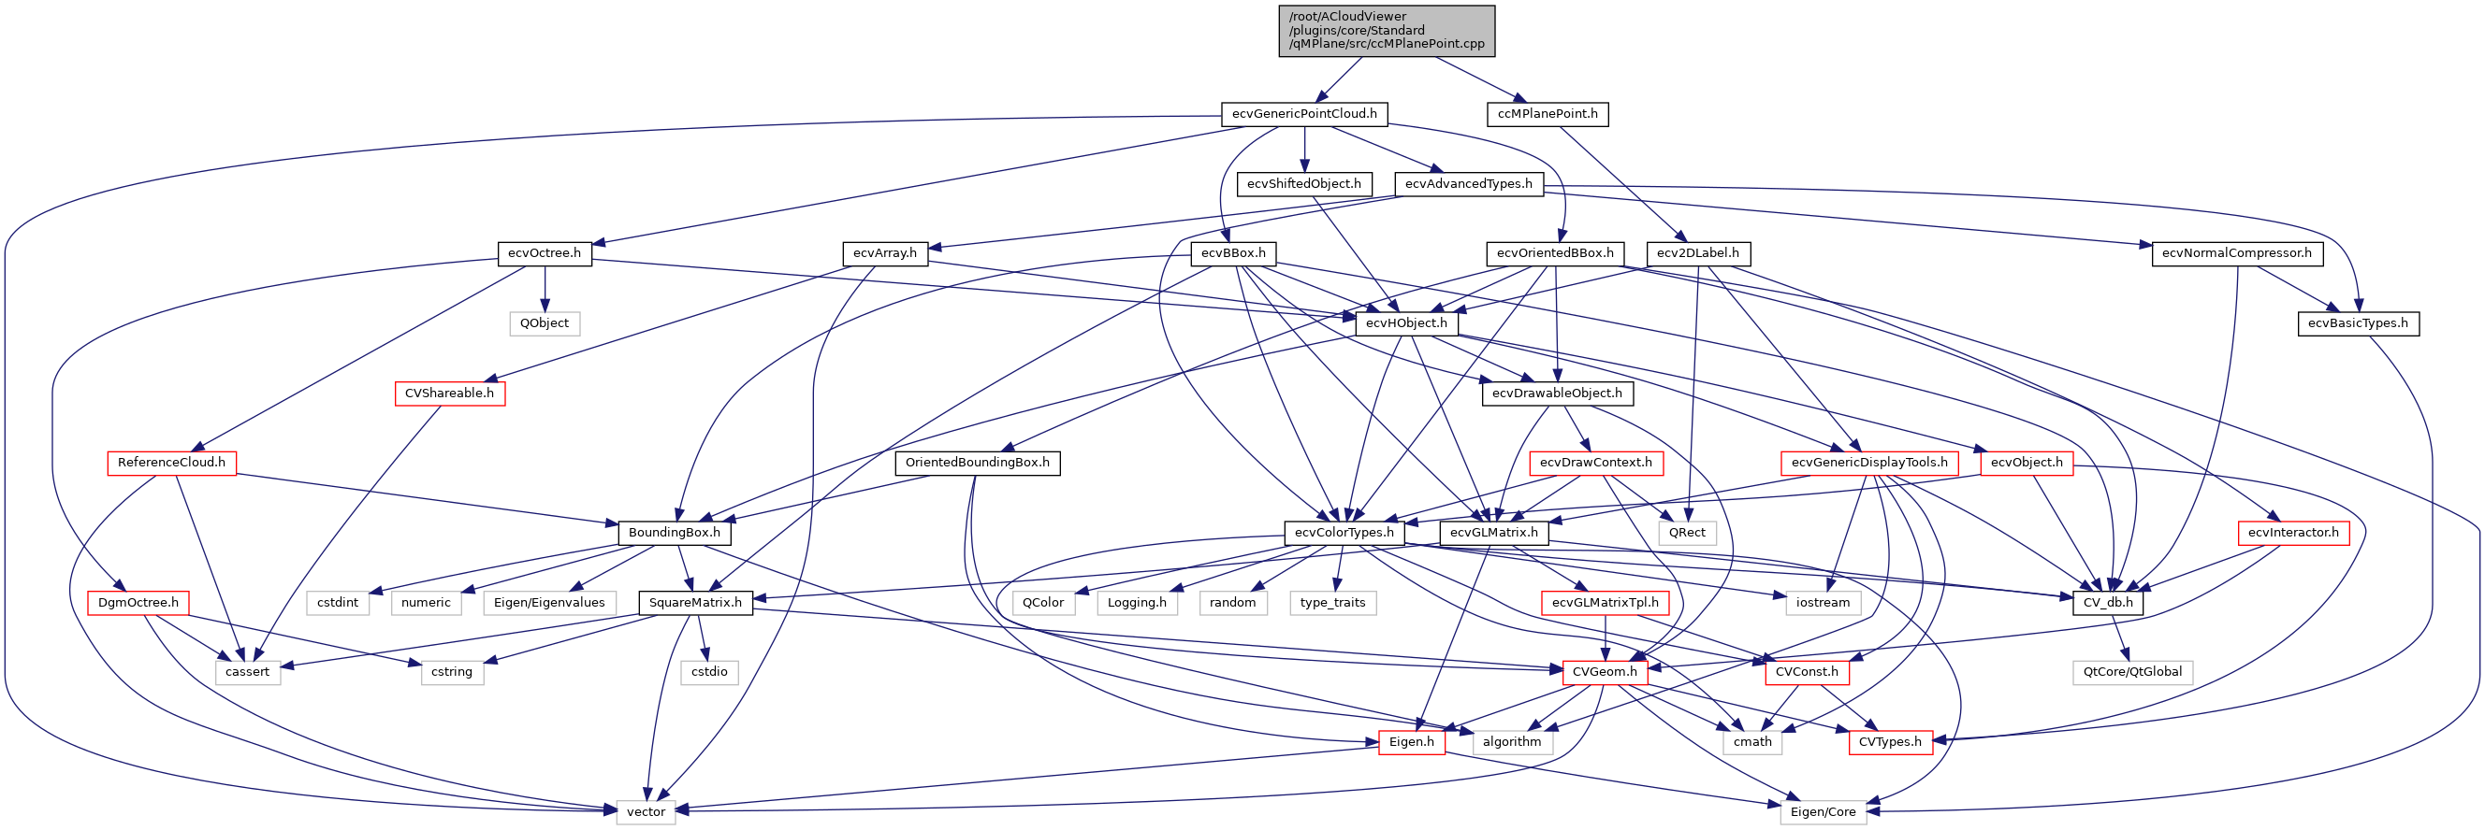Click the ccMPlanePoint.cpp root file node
pyautogui.click(x=1387, y=31)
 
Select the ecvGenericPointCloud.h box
pyautogui.click(x=1304, y=114)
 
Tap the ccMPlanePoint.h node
pyautogui.click(x=1548, y=114)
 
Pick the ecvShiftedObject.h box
pyautogui.click(x=1303, y=184)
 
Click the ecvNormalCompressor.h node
pyautogui.click(x=2236, y=253)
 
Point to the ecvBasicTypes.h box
pyautogui.click(x=2357, y=324)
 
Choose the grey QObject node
pyautogui.click(x=545, y=324)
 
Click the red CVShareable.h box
pyautogui.click(x=448, y=394)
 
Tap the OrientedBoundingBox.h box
pyautogui.click(x=977, y=463)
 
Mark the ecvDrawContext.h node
pyautogui.click(x=1595, y=463)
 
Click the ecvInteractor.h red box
pyautogui.click(x=2292, y=533)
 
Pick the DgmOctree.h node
pyautogui.click(x=138, y=603)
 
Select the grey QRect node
pyautogui.click(x=1686, y=533)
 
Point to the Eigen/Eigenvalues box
pyautogui.click(x=549, y=603)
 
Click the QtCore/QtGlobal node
pyautogui.click(x=2132, y=672)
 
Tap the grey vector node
pyautogui.click(x=646, y=811)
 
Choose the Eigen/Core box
pyautogui.click(x=1823, y=811)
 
